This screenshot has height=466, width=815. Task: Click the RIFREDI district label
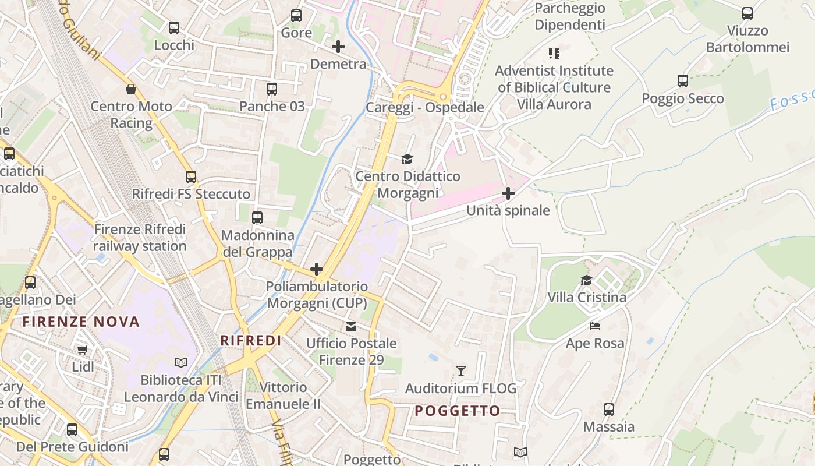click(251, 341)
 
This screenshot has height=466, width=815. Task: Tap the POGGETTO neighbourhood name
click(458, 411)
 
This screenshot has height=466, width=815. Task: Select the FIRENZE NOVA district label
click(81, 322)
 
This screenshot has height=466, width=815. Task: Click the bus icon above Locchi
click(174, 27)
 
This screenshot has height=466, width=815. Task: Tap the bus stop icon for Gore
click(296, 16)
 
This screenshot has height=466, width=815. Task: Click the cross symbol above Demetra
click(338, 47)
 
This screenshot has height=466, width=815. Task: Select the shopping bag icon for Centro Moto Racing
click(131, 89)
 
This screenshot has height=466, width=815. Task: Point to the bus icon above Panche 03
click(272, 89)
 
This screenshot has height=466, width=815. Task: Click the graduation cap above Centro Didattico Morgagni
click(407, 159)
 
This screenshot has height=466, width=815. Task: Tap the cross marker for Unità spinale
click(508, 193)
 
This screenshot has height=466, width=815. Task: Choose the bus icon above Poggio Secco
click(683, 81)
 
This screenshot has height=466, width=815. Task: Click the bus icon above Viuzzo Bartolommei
click(747, 13)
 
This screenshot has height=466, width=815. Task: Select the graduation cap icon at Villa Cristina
click(586, 280)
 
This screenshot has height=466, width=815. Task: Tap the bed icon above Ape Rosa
click(594, 326)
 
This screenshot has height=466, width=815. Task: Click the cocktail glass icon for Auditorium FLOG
click(461, 370)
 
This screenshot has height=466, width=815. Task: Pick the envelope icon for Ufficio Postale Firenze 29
click(351, 326)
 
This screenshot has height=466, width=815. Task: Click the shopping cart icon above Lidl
click(83, 349)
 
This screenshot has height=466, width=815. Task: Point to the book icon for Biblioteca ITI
click(181, 363)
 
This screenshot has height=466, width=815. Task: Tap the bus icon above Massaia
click(609, 409)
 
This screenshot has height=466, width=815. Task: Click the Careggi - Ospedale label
click(425, 108)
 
